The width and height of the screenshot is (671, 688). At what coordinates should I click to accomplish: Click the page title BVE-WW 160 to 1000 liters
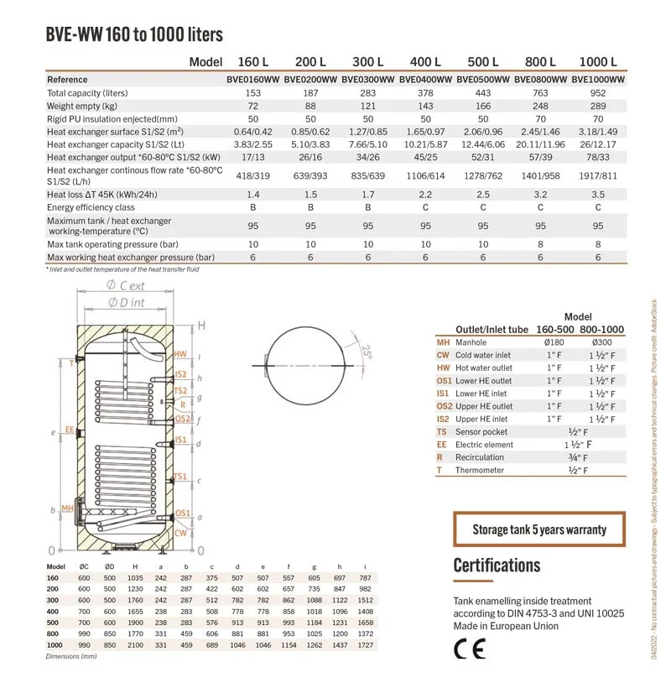133,34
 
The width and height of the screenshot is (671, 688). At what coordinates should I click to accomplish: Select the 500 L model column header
482,62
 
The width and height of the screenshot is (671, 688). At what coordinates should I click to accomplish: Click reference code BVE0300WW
367,80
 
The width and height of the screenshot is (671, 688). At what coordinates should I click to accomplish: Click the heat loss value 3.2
540,193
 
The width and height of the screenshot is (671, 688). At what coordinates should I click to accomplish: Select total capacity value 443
482,93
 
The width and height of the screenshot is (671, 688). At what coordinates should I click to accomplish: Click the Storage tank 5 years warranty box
539,529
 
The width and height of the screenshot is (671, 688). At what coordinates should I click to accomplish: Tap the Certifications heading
497,565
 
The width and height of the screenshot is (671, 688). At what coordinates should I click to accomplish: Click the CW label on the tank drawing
181,532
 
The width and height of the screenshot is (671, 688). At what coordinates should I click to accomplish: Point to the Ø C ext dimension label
127,286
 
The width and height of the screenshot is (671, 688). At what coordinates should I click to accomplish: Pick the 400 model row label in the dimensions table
55,612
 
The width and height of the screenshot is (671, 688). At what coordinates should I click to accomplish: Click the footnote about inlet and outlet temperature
122,269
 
